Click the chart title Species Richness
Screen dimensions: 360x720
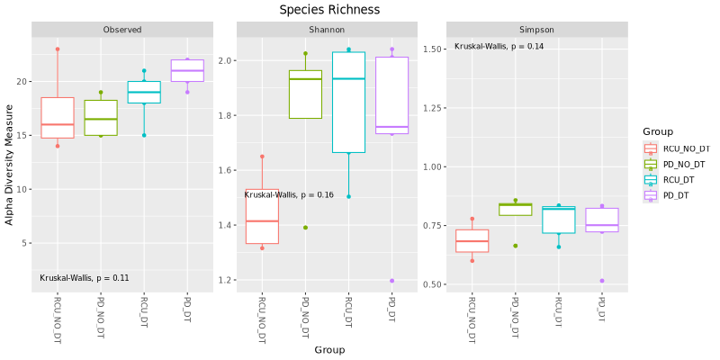[x=329, y=10]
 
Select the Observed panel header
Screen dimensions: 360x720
[x=122, y=30]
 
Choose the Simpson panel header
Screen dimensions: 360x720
[x=536, y=30]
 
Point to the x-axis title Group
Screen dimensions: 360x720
[x=329, y=349]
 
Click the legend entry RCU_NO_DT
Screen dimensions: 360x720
[x=680, y=148]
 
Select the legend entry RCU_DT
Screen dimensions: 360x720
[x=675, y=180]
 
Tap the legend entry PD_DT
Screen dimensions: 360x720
[x=673, y=195]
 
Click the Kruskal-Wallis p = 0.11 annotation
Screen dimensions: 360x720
[x=85, y=278]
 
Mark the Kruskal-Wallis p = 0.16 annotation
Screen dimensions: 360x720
[x=289, y=194]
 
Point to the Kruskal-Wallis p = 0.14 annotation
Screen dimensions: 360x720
[x=499, y=47]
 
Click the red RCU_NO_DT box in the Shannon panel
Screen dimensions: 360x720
[x=262, y=217]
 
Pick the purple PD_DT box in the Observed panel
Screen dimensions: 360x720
[x=187, y=71]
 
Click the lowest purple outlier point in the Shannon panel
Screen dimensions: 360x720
[x=391, y=281]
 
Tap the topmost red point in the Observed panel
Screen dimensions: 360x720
[x=58, y=49]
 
